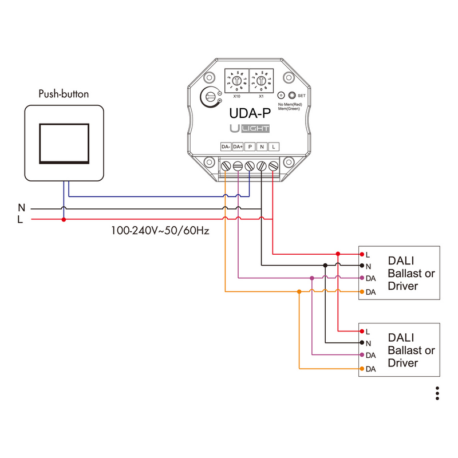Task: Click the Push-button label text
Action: (64, 94)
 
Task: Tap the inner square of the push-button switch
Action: (64, 143)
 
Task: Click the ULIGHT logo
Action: (250, 129)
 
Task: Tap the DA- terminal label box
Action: (226, 147)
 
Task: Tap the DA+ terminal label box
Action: (238, 147)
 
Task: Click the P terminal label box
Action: (250, 147)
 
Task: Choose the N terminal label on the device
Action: (262, 147)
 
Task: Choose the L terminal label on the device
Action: (274, 147)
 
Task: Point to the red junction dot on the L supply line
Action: (64, 219)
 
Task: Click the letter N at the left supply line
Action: (21, 207)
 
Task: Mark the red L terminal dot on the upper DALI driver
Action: (361, 254)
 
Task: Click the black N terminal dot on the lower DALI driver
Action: (361, 342)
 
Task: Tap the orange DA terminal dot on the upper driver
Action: (361, 292)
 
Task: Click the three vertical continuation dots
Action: (437, 393)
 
